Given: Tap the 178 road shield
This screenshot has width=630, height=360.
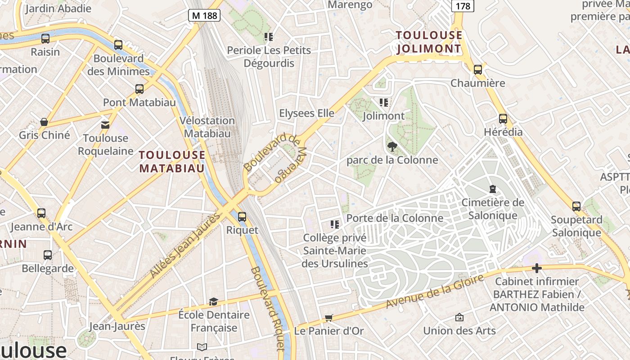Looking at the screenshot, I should [463, 6].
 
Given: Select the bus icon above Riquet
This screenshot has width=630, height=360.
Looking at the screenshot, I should [242, 217].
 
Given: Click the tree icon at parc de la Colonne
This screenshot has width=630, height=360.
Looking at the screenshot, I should [392, 146].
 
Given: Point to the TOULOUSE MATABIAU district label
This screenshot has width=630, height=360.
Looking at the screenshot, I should [172, 162].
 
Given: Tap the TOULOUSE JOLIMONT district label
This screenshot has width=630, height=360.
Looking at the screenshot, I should [429, 42].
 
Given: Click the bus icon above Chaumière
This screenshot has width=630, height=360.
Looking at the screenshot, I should [478, 70].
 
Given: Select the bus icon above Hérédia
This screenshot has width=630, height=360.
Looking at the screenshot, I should [503, 119].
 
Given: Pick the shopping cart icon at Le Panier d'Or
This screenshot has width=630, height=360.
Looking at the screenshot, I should [329, 318].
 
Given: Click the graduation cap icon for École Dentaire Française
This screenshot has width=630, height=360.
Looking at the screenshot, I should [213, 301].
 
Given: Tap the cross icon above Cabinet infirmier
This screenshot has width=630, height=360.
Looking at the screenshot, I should [536, 268].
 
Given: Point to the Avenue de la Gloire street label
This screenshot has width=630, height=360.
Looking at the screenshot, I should [435, 292].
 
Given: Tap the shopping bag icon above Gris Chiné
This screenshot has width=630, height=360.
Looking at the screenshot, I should [44, 122].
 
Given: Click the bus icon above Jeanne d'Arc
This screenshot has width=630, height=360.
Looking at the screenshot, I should [41, 213].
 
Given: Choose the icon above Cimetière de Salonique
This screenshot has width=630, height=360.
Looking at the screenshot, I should [493, 189].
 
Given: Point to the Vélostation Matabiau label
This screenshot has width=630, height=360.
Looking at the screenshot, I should [207, 127].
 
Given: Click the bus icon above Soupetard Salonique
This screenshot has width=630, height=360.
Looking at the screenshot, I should [576, 207].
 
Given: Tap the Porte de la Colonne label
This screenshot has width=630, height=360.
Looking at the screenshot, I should [395, 218].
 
